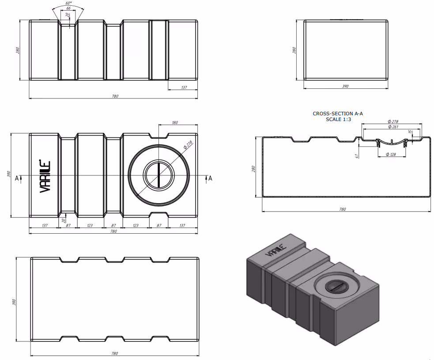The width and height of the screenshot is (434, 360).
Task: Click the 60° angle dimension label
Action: pyautogui.click(x=68, y=3)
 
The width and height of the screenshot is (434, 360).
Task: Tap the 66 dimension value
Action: pyautogui.click(x=68, y=8)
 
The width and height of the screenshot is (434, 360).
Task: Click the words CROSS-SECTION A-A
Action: pyautogui.click(x=338, y=114)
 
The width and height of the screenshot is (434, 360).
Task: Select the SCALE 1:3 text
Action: pyautogui.click(x=338, y=119)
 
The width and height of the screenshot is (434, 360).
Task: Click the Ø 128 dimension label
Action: pyautogui.click(x=390, y=155)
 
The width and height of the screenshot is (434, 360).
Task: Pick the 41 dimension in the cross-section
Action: pyautogui.click(x=356, y=155)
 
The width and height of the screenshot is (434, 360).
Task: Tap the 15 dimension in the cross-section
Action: pyautogui.click(x=410, y=132)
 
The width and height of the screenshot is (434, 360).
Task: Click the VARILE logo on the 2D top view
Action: pyautogui.click(x=46, y=176)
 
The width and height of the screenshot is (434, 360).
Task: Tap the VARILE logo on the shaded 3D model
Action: pyautogui.click(x=274, y=251)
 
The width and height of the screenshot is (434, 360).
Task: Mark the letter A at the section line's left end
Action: pyautogui.click(x=17, y=178)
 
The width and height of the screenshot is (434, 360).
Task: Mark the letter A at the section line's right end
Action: pyautogui.click(x=210, y=178)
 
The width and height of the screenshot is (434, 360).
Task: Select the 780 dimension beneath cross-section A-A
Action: pyautogui.click(x=342, y=209)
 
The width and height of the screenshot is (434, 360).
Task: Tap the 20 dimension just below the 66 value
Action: pyautogui.click(x=68, y=15)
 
